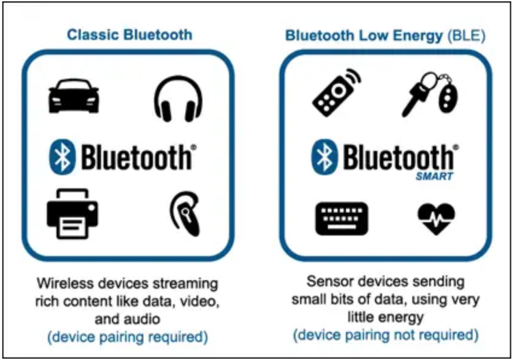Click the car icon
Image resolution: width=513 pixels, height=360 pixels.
click(74, 96)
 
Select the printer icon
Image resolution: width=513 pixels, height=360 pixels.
click(72, 214)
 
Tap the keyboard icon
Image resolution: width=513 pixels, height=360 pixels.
click(342, 219)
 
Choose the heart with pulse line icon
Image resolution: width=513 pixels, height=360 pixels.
click(436, 219)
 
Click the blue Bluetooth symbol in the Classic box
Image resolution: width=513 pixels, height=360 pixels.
click(62, 156)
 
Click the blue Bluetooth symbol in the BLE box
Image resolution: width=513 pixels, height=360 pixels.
click(324, 156)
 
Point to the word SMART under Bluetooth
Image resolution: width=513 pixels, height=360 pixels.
click(434, 176)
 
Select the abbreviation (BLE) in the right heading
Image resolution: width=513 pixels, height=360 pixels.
click(467, 36)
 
